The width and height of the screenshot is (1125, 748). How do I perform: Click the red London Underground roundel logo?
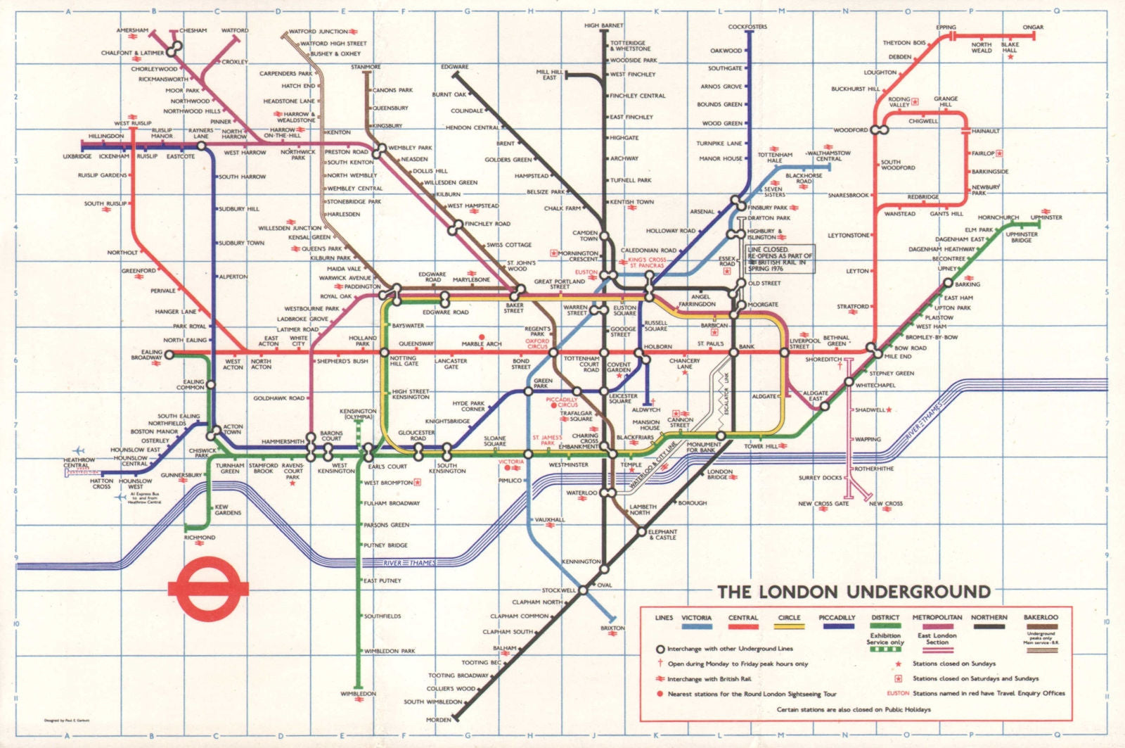point(208,588)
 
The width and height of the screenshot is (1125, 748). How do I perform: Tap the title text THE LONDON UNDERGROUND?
point(854,591)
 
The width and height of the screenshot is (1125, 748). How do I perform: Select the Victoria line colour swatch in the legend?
point(696,626)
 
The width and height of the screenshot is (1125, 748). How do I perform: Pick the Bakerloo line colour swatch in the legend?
point(1041,626)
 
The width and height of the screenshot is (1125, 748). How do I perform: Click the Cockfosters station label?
point(747,27)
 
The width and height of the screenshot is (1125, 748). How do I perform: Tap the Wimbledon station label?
point(359,694)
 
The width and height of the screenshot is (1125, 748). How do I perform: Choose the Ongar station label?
point(1033,27)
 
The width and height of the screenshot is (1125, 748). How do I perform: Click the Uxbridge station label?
point(77,156)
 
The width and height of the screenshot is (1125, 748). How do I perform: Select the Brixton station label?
point(612,628)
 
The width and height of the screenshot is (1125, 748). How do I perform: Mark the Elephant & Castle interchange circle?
point(641,532)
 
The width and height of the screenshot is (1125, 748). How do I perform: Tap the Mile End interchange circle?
point(872,348)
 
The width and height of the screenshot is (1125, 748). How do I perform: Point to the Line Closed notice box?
point(780,259)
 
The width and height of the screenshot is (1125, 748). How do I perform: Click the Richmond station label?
point(200,537)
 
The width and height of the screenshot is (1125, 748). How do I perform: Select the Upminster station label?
point(1046,217)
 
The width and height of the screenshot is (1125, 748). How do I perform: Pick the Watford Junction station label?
point(319,32)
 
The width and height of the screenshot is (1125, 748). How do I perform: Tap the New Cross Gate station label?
point(823,504)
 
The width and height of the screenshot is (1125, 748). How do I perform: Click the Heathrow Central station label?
point(79,462)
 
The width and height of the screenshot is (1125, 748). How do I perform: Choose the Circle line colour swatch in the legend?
point(789,626)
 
